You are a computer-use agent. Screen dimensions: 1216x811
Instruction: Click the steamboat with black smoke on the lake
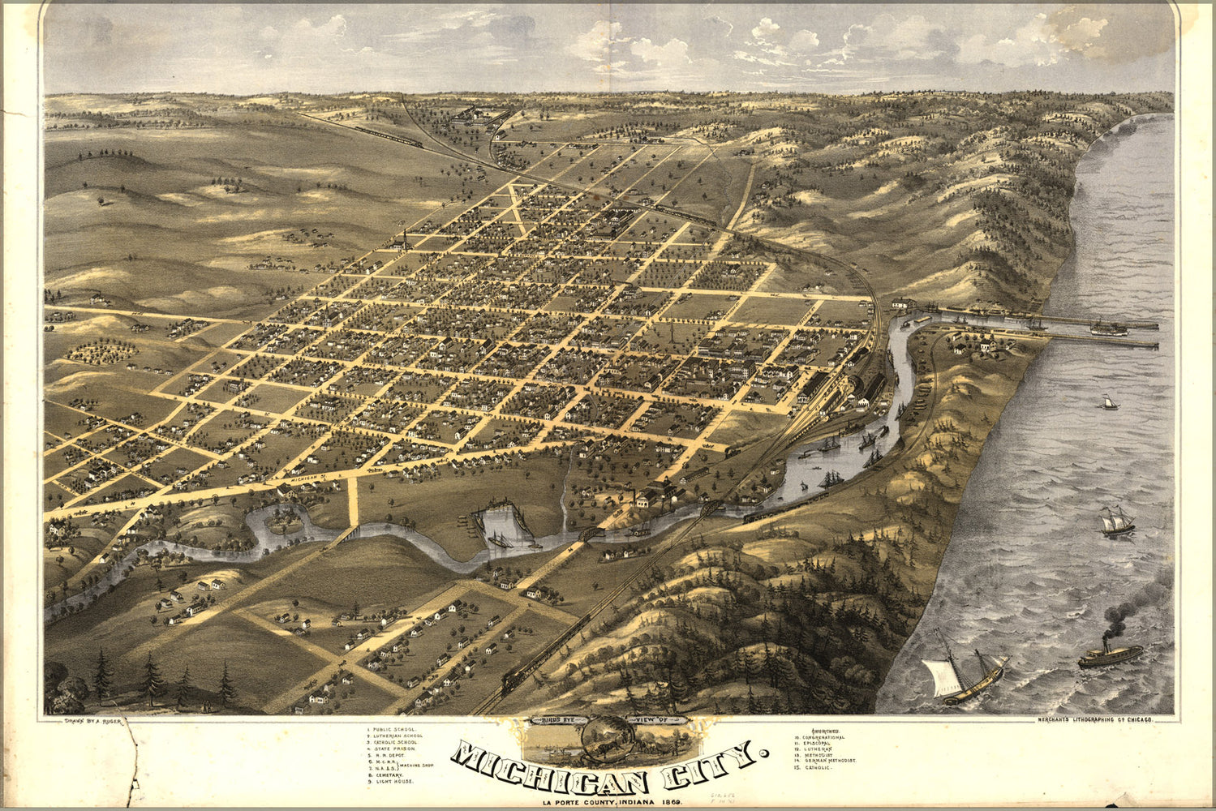[x=1110, y=653]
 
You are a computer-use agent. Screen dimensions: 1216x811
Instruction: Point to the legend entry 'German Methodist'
[x=829, y=759]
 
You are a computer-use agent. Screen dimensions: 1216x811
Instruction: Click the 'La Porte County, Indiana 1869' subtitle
[x=612, y=803]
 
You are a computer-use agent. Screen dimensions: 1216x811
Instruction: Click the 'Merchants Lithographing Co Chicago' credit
[x=1094, y=719]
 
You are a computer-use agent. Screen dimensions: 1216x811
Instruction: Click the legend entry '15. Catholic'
[x=814, y=766]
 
